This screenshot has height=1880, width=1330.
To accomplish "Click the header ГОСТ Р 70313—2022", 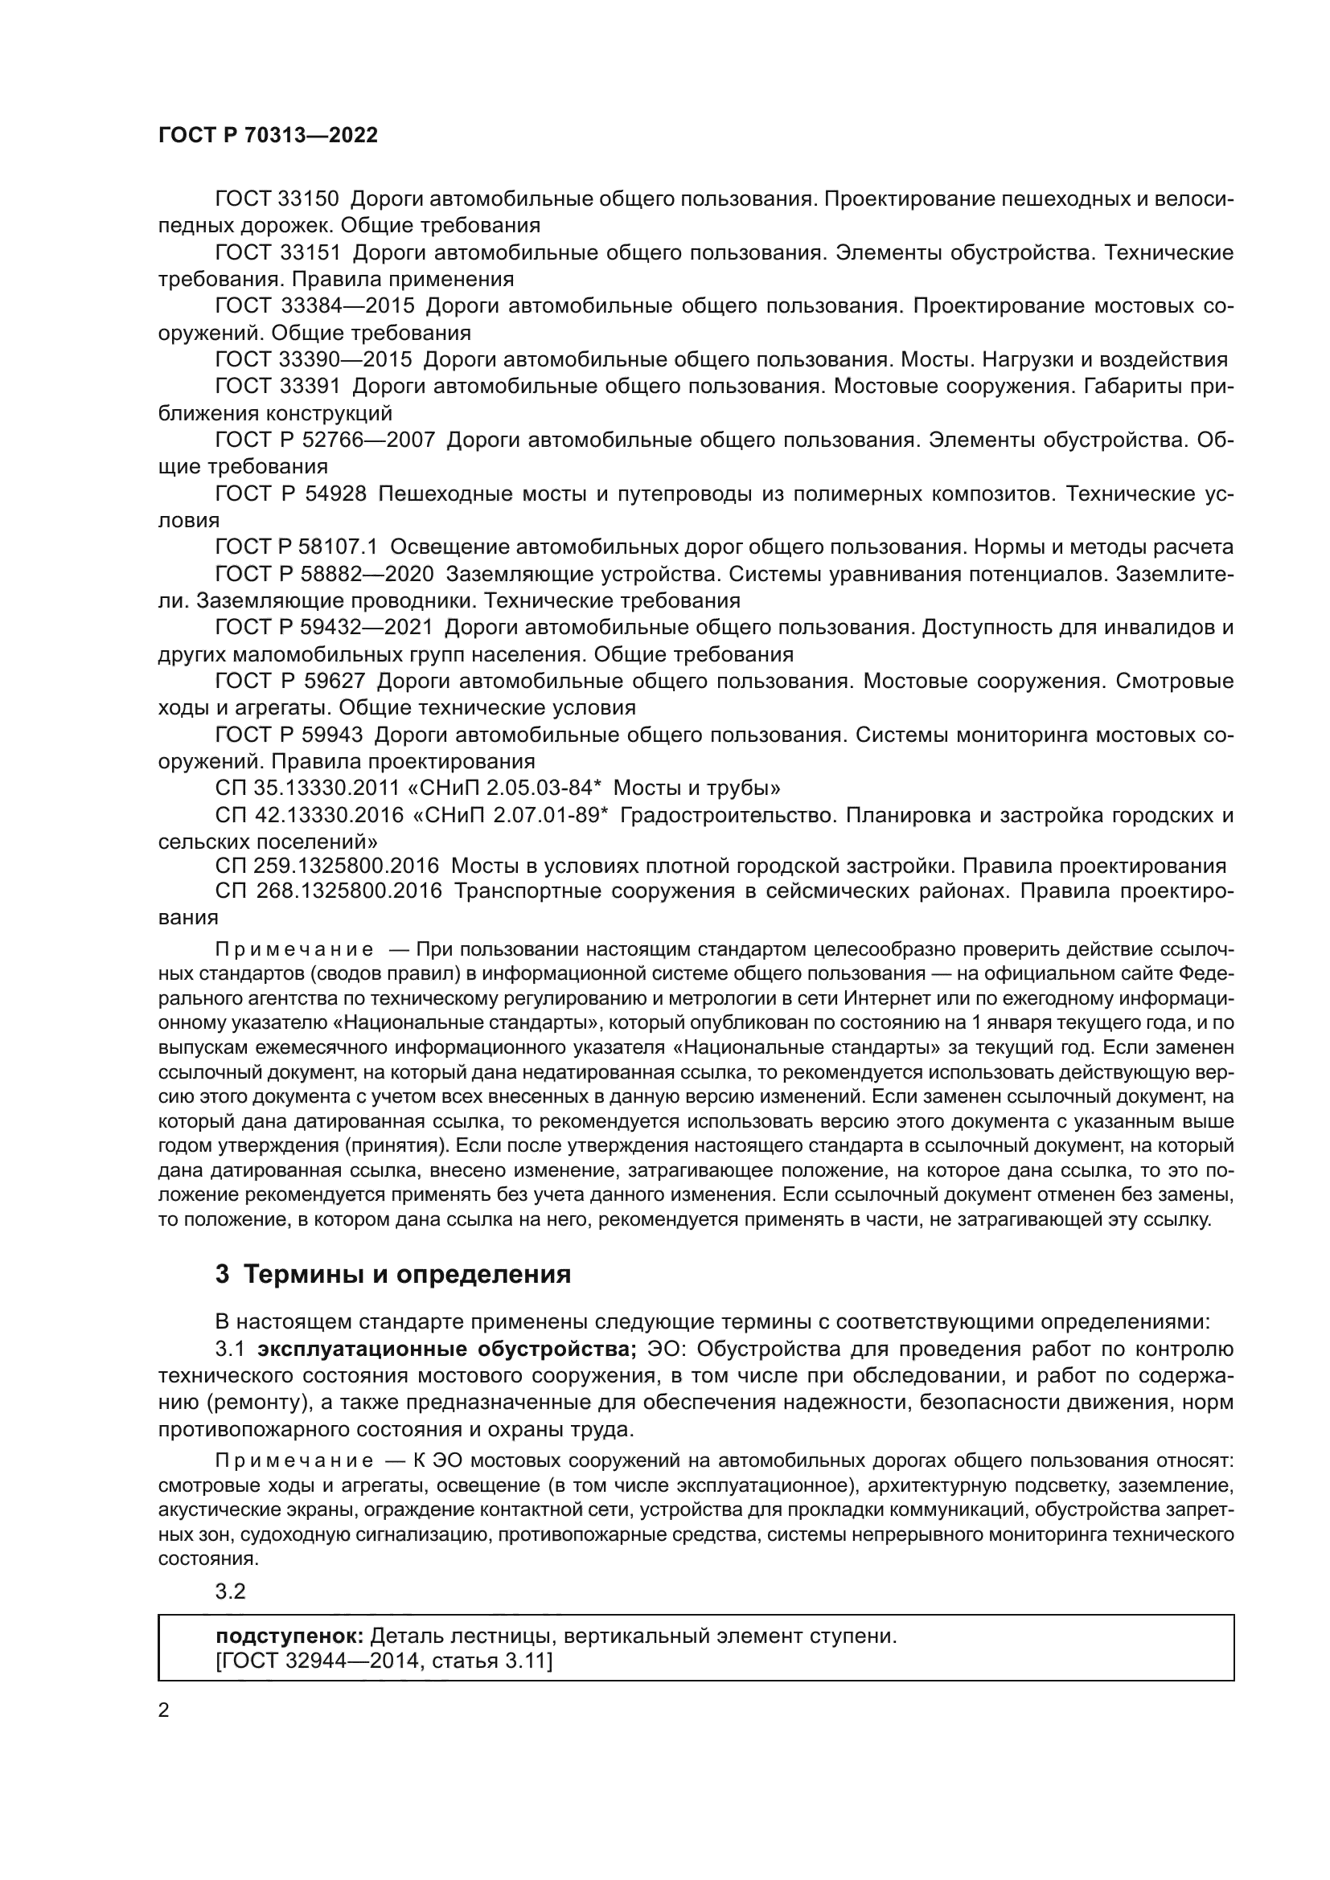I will [x=268, y=136].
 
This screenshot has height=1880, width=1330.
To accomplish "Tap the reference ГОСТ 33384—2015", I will [x=314, y=306].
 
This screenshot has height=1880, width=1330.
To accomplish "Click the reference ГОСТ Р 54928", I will [x=290, y=494].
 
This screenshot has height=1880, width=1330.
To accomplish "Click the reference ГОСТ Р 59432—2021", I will [x=323, y=628].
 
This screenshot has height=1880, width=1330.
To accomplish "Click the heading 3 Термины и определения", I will [x=393, y=1275].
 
